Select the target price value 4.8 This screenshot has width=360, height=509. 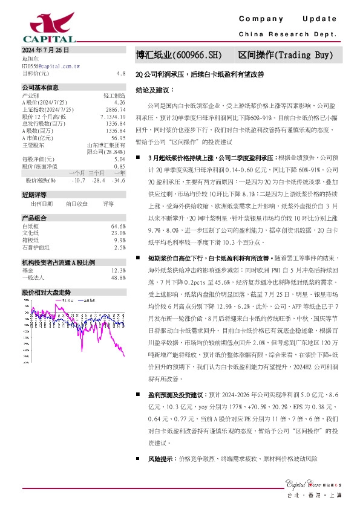coord(121,73)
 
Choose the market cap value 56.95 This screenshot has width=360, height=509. coord(118,138)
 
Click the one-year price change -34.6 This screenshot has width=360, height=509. coord(119,180)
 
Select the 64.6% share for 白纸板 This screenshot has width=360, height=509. coord(118,226)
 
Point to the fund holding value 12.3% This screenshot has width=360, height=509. coord(118,270)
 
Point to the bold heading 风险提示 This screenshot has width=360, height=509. coord(160,459)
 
